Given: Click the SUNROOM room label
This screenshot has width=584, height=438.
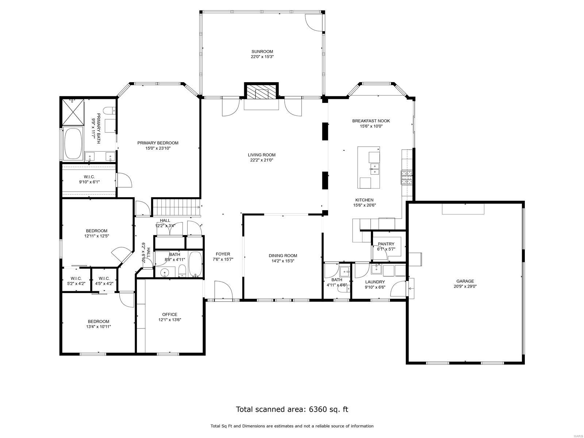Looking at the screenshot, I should click(262, 51).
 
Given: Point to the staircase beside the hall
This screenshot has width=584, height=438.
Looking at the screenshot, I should click(176, 207).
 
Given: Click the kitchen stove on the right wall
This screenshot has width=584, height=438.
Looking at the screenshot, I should click(407, 177).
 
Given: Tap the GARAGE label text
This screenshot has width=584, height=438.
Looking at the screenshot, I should click(465, 281).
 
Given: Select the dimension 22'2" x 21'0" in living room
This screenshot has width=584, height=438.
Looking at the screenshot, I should click(261, 160).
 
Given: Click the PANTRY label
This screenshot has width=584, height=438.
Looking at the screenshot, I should click(386, 244).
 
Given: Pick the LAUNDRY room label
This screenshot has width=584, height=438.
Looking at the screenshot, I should click(375, 282).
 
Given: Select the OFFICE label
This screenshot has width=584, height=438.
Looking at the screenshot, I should click(170, 314).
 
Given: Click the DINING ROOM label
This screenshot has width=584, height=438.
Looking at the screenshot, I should click(283, 255).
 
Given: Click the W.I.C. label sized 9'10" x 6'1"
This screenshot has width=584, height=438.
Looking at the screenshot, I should click(89, 176).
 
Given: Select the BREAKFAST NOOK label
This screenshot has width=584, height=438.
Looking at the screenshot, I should click(371, 121).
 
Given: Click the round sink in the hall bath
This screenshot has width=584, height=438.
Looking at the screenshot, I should click(165, 272).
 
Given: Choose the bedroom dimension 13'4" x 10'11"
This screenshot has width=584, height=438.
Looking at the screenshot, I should click(96, 327).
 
